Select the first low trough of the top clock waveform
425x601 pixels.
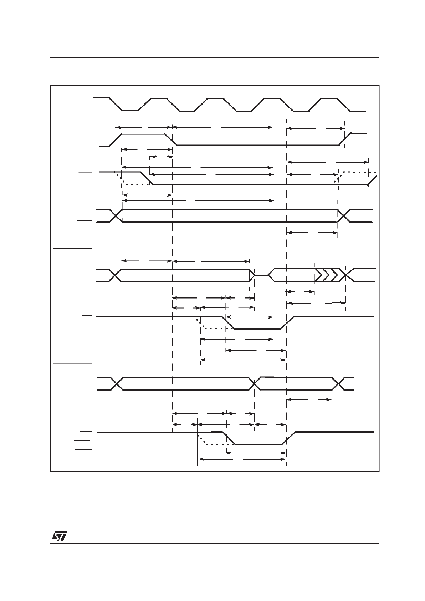[x=130, y=111]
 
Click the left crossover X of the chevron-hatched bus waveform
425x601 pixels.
[x=115, y=275]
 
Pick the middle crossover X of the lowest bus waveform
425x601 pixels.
[x=255, y=384]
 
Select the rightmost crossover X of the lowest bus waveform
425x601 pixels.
[x=337, y=384]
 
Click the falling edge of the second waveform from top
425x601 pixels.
[x=171, y=140]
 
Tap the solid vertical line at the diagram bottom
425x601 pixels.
[x=197, y=446]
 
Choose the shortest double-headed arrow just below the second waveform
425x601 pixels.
[x=161, y=157]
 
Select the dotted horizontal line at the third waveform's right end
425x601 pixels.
[x=357, y=172]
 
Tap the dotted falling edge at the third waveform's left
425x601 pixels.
[x=120, y=178]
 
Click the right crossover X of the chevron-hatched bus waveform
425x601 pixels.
[x=345, y=275]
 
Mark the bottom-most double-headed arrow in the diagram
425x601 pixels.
[x=242, y=459]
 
